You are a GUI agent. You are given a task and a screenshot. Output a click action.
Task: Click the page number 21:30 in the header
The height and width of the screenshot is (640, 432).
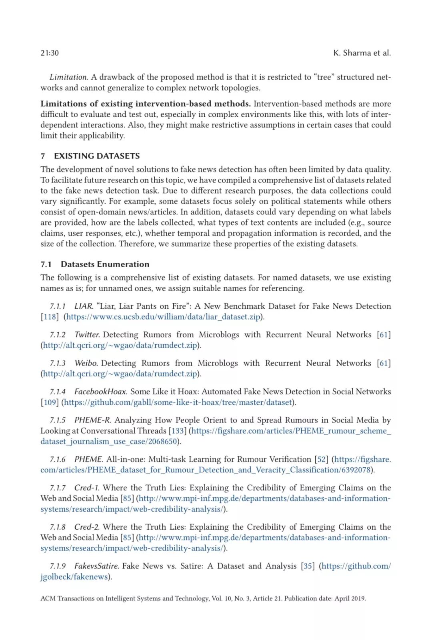click(50, 53)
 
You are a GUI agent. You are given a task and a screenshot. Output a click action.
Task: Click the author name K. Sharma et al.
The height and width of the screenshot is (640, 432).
click(362, 53)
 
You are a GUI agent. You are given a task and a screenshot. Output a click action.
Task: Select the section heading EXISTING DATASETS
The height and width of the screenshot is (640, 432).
click(97, 156)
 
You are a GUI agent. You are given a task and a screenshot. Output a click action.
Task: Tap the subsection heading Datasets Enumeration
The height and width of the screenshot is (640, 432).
click(105, 264)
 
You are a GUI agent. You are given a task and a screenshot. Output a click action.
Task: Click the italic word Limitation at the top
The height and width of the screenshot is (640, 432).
click(68, 77)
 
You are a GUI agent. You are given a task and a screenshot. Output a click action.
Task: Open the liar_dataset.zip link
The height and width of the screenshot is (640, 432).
click(163, 317)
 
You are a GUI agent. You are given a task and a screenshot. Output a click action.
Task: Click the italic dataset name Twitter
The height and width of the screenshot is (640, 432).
click(87, 335)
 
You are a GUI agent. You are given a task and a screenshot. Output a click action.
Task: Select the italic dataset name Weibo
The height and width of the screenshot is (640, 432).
click(86, 363)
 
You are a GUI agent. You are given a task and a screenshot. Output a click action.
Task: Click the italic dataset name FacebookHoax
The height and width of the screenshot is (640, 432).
click(100, 392)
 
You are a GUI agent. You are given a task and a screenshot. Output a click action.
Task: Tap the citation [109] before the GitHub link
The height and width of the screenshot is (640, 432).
click(49, 402)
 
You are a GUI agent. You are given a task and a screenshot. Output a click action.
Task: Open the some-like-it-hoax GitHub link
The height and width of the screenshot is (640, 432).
click(178, 402)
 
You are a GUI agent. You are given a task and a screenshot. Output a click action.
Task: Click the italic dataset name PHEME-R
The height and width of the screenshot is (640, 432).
click(92, 420)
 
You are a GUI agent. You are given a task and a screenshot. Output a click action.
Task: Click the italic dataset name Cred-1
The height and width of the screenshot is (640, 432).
click(87, 488)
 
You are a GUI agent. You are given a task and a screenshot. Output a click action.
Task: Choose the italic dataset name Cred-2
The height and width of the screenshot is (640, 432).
click(87, 527)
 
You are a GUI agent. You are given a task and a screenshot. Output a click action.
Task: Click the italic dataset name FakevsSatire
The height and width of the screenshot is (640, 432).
click(96, 566)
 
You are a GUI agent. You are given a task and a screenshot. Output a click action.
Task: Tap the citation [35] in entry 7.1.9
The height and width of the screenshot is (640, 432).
click(308, 566)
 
